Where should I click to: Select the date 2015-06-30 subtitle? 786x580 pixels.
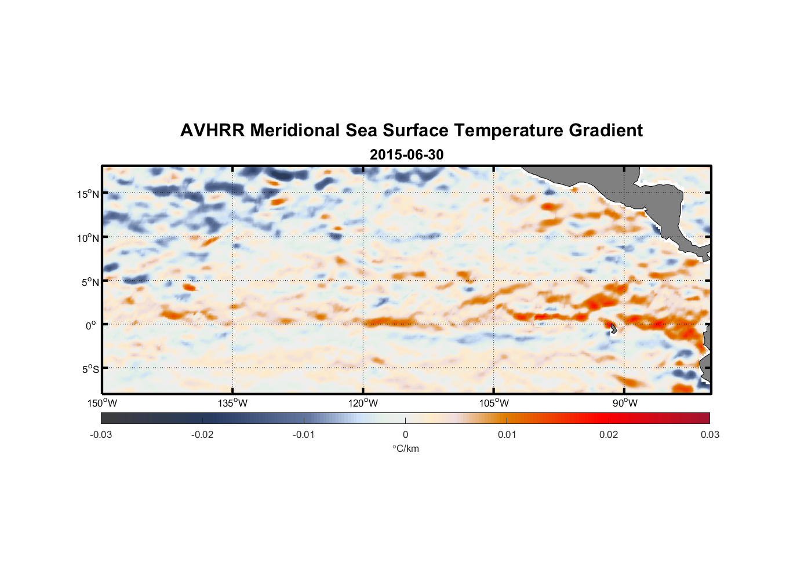(406, 155)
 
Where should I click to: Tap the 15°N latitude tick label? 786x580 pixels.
(88, 194)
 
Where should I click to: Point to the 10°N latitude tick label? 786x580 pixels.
(88, 238)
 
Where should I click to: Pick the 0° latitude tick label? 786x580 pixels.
(90, 325)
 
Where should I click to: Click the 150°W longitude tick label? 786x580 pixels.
(103, 403)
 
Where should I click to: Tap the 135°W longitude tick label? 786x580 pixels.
(233, 403)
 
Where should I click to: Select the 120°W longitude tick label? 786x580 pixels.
(363, 403)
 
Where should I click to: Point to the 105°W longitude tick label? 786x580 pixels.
(494, 403)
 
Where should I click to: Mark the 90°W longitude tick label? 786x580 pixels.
(625, 403)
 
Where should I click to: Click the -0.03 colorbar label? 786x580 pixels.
(101, 434)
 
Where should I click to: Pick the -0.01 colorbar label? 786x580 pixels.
(304, 434)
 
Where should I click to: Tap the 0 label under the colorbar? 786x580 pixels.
(405, 434)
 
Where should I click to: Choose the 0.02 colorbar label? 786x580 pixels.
(609, 434)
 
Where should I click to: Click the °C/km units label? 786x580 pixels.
(405, 448)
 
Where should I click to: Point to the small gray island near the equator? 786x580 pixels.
(612, 328)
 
